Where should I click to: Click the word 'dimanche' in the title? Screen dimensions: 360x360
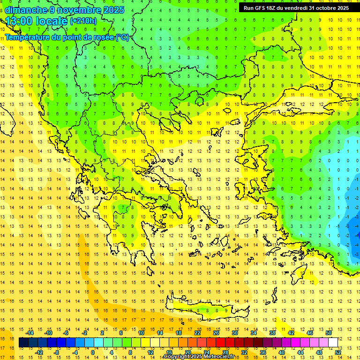26,10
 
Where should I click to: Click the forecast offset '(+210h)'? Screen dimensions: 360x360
83,21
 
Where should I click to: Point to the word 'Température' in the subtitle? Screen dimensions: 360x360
28,37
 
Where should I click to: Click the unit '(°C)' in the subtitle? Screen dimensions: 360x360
122,37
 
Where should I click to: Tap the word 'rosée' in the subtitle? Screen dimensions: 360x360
102,37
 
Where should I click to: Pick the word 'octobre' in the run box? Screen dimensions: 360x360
326,8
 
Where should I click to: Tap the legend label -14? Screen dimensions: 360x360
30,333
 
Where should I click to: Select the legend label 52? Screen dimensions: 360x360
338,352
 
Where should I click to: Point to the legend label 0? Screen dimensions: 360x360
92,352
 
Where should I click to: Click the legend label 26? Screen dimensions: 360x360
216,333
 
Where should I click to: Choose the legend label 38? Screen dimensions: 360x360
272,333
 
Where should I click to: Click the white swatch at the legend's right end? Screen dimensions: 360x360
333,343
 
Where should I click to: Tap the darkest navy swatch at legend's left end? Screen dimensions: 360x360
23,343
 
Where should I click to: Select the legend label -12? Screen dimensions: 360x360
39,352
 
